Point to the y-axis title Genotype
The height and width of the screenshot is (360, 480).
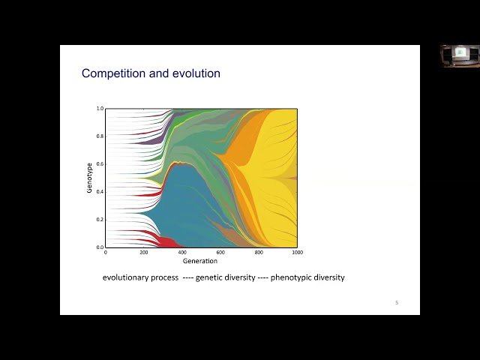click(89, 178)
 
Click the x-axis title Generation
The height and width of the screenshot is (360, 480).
click(200, 261)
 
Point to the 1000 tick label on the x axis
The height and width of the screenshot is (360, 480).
click(298, 253)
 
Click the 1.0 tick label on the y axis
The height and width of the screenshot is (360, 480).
click(99, 109)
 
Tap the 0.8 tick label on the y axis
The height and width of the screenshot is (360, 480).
click(99, 136)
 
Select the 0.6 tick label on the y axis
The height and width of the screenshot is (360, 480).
click(99, 164)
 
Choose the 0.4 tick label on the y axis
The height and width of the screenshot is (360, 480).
click(99, 192)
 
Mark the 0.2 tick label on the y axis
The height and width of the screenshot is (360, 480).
click(99, 220)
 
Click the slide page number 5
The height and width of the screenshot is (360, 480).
click(396, 303)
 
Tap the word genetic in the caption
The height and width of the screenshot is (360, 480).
click(211, 277)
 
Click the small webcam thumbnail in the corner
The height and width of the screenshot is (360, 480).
click(460, 55)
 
